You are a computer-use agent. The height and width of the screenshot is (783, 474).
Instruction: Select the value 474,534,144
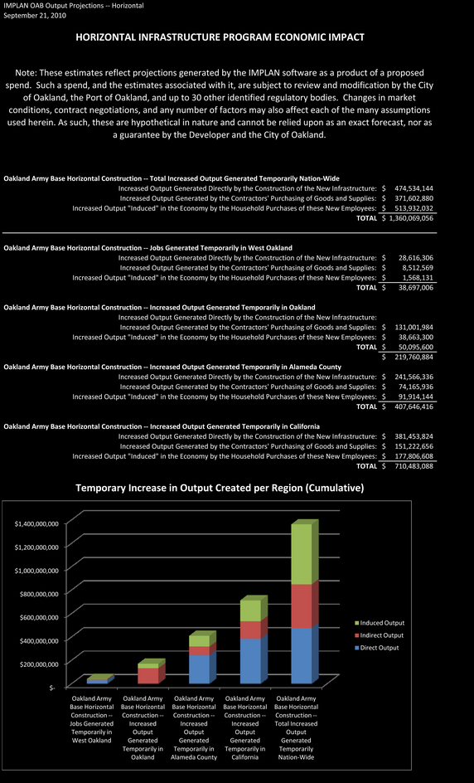point(414,188)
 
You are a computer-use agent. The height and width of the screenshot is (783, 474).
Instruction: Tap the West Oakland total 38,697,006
point(416,288)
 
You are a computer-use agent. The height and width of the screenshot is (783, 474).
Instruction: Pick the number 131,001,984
point(414,327)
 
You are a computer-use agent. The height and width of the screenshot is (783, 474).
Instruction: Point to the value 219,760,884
point(414,357)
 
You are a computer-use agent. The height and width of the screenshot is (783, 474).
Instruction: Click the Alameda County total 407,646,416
point(414,406)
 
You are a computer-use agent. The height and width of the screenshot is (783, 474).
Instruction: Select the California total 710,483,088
point(414,466)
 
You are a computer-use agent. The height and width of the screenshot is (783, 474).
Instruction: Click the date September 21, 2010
point(35,15)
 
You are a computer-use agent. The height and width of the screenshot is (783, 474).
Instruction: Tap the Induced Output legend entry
point(380,623)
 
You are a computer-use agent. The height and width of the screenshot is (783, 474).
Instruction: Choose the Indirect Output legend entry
point(379,635)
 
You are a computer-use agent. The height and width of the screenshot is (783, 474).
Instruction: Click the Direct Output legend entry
point(377,648)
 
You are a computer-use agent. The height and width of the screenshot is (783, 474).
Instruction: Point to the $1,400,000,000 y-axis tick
point(36,524)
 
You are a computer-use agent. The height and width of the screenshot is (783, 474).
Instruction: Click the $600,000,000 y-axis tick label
point(39,617)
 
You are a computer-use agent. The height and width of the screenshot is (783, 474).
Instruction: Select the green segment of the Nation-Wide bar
point(302,554)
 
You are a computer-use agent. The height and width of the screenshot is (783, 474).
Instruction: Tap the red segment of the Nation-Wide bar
point(302,606)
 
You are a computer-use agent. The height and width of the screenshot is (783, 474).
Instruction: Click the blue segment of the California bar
point(250,661)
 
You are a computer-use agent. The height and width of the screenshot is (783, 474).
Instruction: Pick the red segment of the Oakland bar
point(148,676)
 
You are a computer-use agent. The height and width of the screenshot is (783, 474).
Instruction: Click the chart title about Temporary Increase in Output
point(220,488)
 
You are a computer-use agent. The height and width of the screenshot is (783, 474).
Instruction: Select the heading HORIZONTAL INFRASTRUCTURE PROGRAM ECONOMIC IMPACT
point(220,37)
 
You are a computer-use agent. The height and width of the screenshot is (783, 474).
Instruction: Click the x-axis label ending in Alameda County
point(194,727)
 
